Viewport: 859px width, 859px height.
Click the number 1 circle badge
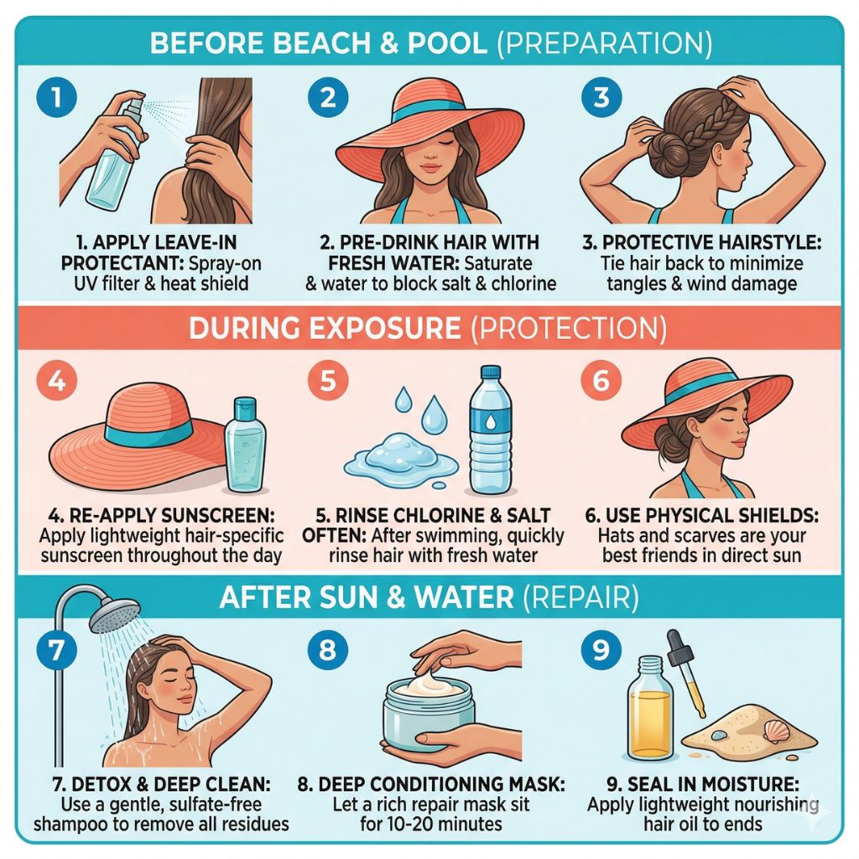pos(56,97)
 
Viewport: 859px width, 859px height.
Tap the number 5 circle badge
pos(328,380)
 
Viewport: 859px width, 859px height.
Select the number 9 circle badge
pos(601,650)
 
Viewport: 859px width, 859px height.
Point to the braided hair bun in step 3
pos(664,143)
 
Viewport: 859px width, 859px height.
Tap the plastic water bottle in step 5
pos(490,430)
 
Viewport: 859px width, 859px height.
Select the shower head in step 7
pos(114,613)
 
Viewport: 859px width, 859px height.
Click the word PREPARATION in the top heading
pos(605,44)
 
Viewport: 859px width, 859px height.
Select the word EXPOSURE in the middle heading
pos(384,328)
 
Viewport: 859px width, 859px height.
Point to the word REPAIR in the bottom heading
pos(580,597)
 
